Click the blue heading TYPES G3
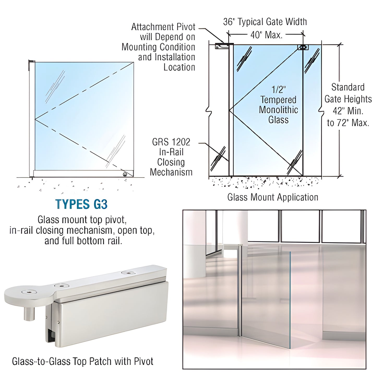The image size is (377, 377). [x=81, y=204]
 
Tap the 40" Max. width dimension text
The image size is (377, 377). [x=266, y=35]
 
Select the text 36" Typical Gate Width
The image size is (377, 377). [x=265, y=22]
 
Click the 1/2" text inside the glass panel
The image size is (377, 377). [x=279, y=90]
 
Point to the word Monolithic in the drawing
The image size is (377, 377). [x=278, y=110]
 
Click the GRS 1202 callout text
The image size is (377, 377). [x=171, y=142]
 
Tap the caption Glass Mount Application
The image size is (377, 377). [x=273, y=197]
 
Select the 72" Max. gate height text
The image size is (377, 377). [x=348, y=123]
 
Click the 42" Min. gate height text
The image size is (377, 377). [x=348, y=111]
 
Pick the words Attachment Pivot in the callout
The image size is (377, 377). [x=163, y=27]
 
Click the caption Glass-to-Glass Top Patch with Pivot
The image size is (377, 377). [x=82, y=361]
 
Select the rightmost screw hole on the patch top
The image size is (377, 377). [x=128, y=273]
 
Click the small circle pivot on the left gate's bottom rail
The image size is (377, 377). [x=125, y=174]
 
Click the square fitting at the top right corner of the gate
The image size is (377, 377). [x=303, y=47]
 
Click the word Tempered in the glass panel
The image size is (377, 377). [x=278, y=100]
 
